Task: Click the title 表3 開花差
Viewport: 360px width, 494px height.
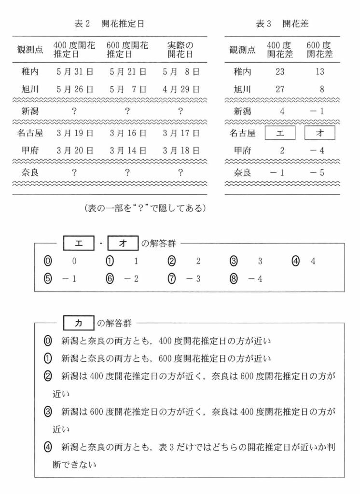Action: (x=282, y=23)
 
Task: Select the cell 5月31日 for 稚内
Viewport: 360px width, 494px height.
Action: (x=74, y=72)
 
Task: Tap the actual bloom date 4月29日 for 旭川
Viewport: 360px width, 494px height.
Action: (x=181, y=89)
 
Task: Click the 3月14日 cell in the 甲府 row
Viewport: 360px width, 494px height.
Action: (x=127, y=150)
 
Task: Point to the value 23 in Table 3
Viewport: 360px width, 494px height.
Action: (x=281, y=72)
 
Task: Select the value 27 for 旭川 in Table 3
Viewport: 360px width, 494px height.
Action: (x=281, y=89)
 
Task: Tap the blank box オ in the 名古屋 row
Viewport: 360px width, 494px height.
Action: (x=319, y=133)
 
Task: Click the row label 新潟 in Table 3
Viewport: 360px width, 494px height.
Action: (x=243, y=111)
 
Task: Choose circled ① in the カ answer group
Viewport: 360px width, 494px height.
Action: (x=47, y=358)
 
